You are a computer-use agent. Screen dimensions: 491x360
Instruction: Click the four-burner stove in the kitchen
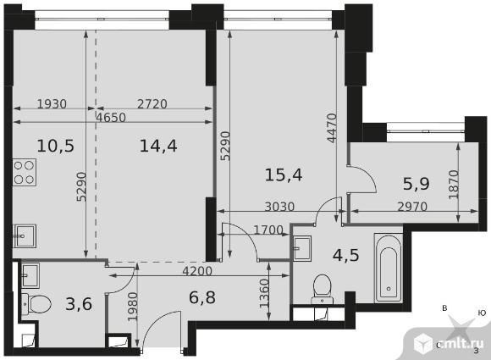coord(25,172)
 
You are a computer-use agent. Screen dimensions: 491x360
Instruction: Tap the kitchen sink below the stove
coord(25,236)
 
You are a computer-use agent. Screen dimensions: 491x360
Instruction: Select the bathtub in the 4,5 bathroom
coord(389,268)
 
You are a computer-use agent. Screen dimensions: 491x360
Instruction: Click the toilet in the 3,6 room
coord(36,303)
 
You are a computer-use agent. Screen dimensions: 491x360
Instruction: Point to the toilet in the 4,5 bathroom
coord(323,289)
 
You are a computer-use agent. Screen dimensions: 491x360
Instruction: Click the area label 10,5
coord(55,146)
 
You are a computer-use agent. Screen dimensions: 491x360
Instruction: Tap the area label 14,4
coord(158,146)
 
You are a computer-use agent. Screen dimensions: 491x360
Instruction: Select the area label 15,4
coord(284,174)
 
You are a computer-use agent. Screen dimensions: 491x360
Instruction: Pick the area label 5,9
coord(416,184)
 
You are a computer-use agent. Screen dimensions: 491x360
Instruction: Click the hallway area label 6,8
coord(202,297)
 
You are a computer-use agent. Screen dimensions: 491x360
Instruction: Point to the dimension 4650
coord(111,118)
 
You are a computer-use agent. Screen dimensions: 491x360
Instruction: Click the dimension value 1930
coord(52,103)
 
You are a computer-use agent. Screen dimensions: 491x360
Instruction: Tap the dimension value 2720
coord(152,103)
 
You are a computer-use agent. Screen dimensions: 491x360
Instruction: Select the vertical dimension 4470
coord(332,128)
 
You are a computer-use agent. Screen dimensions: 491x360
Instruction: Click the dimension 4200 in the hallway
coord(197,271)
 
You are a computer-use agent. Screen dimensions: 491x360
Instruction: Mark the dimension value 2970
coord(412,207)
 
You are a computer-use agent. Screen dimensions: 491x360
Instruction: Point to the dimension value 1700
coord(268,230)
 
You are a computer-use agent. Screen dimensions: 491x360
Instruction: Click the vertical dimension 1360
coord(265,294)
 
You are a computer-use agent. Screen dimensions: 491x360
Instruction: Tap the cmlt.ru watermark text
coord(458,344)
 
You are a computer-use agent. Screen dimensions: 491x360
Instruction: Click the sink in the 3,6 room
coord(30,275)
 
